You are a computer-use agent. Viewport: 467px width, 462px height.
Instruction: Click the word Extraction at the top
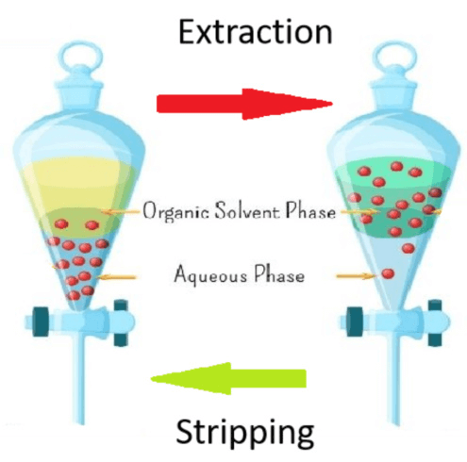tap(255, 32)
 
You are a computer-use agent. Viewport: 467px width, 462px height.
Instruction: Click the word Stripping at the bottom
tap(244, 432)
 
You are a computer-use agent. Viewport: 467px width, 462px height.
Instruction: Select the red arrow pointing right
tap(244, 104)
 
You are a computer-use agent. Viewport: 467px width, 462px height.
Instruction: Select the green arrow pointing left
tap(228, 378)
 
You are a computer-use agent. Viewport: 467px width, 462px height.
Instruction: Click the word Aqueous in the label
tap(210, 274)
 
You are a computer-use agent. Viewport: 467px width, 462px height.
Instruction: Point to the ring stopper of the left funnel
tap(81, 58)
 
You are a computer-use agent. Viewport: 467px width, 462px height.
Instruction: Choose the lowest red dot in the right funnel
tap(388, 273)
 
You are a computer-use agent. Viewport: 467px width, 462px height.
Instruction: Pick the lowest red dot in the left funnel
tap(74, 295)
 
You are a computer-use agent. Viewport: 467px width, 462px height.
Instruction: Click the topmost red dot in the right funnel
tap(397, 166)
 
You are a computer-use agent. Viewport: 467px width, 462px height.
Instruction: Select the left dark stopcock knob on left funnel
tap(41, 322)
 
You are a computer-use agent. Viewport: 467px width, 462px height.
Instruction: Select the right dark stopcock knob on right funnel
tap(435, 322)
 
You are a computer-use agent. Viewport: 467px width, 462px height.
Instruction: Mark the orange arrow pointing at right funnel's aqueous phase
tap(356, 276)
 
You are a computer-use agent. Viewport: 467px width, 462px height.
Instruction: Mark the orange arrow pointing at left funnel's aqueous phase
tap(116, 277)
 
